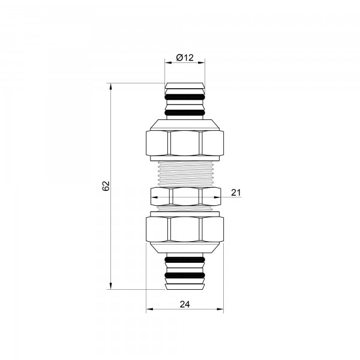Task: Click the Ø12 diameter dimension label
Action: [x=185, y=58]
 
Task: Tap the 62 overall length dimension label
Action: [x=106, y=186]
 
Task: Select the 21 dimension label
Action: [x=236, y=193]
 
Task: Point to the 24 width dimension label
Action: [x=185, y=304]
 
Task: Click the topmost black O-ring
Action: [x=185, y=97]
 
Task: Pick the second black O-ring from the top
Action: [x=185, y=113]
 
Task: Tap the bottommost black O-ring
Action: [x=185, y=275]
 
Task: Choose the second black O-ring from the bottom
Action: [x=185, y=259]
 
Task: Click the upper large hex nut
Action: [x=185, y=143]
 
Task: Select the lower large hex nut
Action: [x=185, y=229]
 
